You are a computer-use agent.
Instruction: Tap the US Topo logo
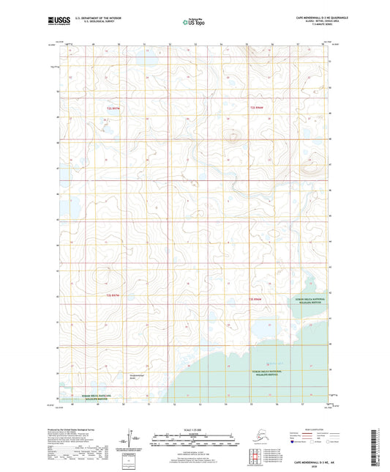tap(194, 22)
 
